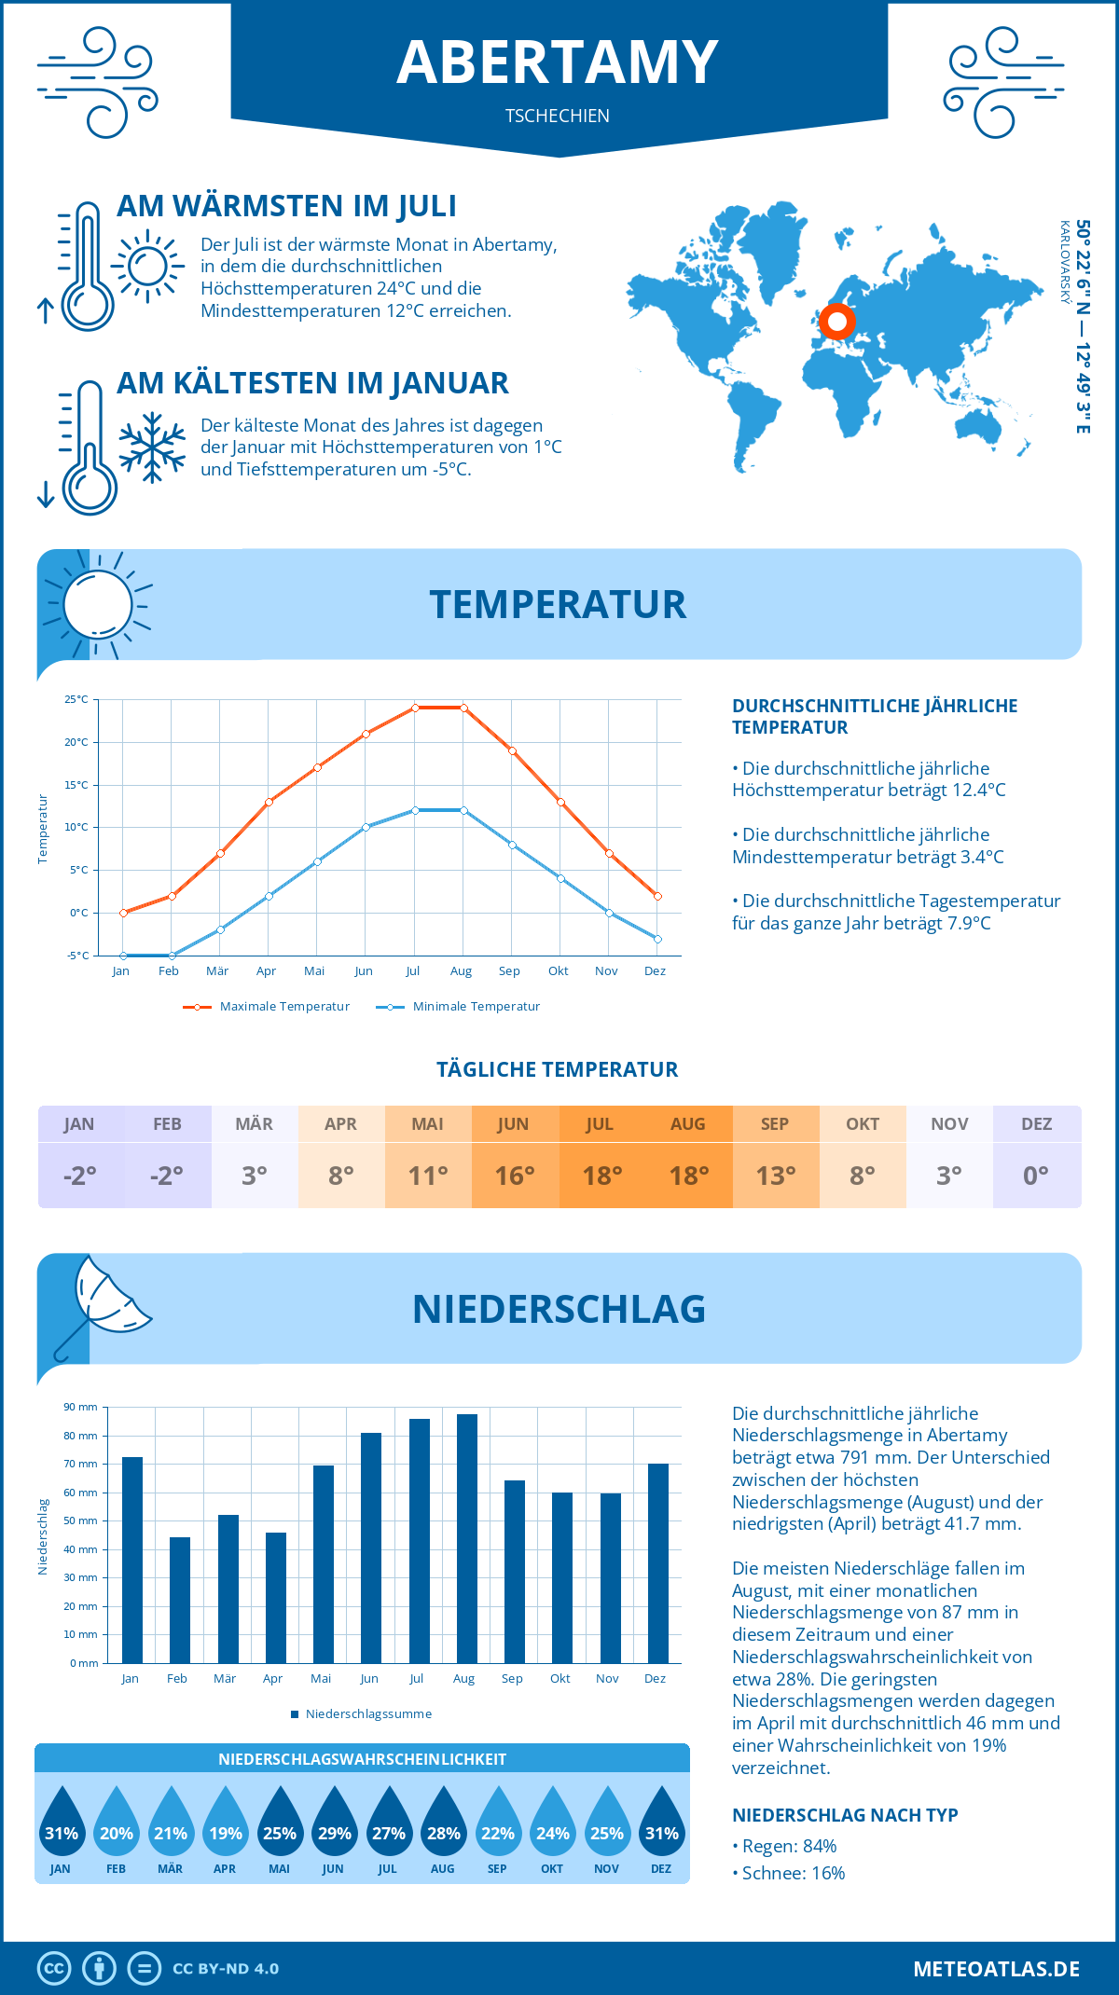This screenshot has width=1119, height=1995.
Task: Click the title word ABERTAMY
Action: [x=558, y=62]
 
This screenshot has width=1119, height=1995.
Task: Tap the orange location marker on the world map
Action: [x=837, y=322]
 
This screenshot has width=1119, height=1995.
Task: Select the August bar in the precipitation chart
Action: [x=467, y=1538]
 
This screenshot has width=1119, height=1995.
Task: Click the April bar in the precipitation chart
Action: [x=276, y=1597]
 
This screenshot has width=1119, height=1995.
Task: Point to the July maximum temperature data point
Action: [x=415, y=708]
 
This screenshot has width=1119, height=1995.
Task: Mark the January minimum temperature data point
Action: [x=123, y=956]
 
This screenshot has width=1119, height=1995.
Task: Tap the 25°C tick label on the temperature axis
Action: [x=76, y=699]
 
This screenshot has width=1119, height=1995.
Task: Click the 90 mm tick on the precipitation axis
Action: [x=81, y=1407]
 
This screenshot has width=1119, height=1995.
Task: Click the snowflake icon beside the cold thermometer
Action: [x=152, y=447]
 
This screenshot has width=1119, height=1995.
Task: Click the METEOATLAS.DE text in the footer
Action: [x=996, y=1969]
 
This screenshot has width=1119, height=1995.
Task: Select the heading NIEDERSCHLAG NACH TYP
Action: [x=845, y=1815]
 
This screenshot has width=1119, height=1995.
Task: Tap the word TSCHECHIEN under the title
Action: [x=558, y=116]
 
